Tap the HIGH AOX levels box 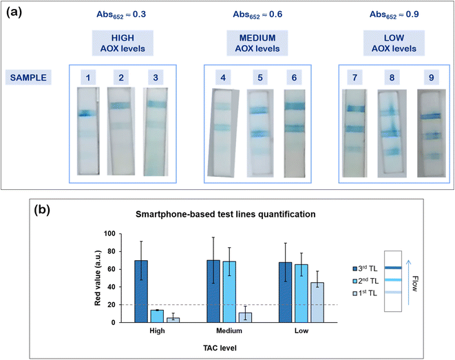pyautogui.click(x=121, y=44)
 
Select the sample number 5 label pyautogui.click(x=257, y=78)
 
